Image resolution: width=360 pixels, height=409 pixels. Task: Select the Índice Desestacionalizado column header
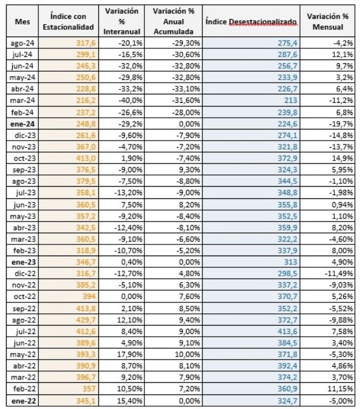(x=252, y=22)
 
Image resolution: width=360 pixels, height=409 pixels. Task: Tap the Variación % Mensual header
(x=328, y=22)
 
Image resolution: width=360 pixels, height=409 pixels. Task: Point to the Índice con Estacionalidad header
(x=68, y=22)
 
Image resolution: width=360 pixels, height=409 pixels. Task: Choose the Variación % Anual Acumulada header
(x=173, y=22)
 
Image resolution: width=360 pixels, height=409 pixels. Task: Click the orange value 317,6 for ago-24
(x=85, y=43)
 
